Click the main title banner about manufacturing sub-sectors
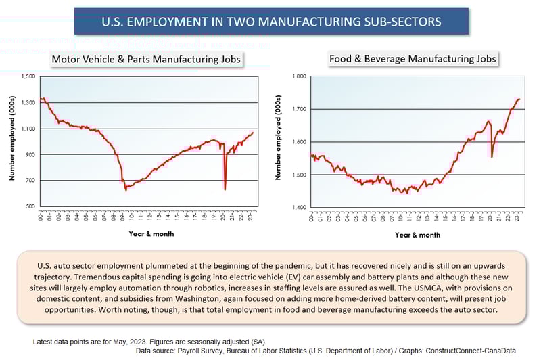[x=270, y=21]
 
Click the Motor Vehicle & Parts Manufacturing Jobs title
[x=147, y=60]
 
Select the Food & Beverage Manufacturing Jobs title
[x=413, y=59]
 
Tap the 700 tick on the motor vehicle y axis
[x=30, y=181]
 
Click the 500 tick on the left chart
[x=30, y=206]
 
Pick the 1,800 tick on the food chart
[x=298, y=76]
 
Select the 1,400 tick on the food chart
[x=298, y=207]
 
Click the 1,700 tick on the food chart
[x=298, y=109]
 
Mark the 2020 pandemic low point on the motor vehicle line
[x=225, y=189]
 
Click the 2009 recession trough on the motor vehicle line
[x=126, y=189]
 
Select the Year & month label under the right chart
[x=417, y=235]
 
